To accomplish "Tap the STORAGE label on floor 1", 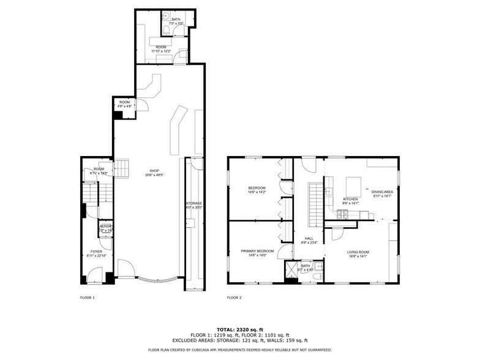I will [193, 203].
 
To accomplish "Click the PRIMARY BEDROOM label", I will [257, 251].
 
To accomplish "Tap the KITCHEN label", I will [350, 199].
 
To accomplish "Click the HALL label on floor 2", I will [309, 238].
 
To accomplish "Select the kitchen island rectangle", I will [354, 186].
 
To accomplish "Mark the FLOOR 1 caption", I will [88, 298].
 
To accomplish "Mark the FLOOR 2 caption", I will [234, 298].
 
